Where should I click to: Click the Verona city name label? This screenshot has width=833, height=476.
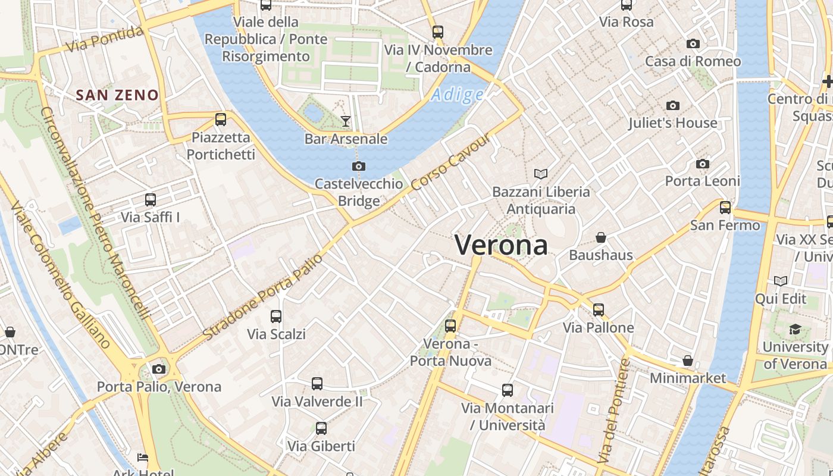pos(501,245)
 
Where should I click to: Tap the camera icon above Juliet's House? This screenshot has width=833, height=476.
pos(673,106)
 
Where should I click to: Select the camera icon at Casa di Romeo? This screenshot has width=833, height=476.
pos(693,44)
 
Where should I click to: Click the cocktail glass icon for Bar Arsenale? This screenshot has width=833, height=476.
pos(346,121)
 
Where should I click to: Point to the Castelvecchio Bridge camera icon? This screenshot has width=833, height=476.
pos(359,167)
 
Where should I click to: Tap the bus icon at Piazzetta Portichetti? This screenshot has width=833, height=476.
pos(221,120)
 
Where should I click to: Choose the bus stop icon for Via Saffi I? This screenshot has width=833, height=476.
pos(151,200)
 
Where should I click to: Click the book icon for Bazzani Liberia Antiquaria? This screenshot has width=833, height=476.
pos(541,174)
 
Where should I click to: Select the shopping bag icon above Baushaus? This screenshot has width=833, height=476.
pos(601,238)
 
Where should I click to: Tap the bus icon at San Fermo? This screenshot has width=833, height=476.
pos(725,208)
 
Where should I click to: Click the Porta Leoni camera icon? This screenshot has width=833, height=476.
pos(703,164)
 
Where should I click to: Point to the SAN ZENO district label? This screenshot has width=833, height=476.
pos(118,95)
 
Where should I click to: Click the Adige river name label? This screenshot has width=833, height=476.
pos(457,95)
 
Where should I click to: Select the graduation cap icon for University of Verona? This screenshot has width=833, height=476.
pos(795,330)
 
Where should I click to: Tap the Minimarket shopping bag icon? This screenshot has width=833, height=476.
pos(688,361)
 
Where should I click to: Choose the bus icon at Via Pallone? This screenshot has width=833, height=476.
pos(599,310)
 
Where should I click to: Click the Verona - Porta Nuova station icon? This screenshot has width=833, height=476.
pos(450,326)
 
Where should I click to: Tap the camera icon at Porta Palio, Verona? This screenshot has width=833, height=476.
pos(159,369)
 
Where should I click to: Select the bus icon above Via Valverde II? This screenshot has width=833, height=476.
pos(317,384)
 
